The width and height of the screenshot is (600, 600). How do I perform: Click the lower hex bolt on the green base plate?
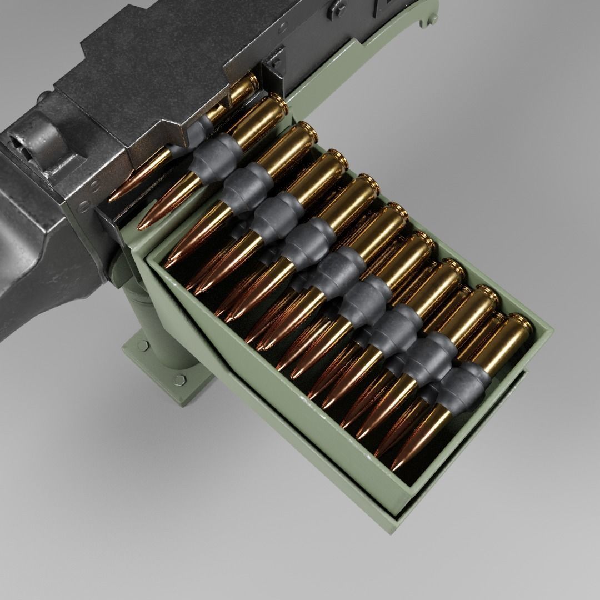click(179, 380)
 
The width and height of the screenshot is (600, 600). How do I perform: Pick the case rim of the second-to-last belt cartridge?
click(489, 295)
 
